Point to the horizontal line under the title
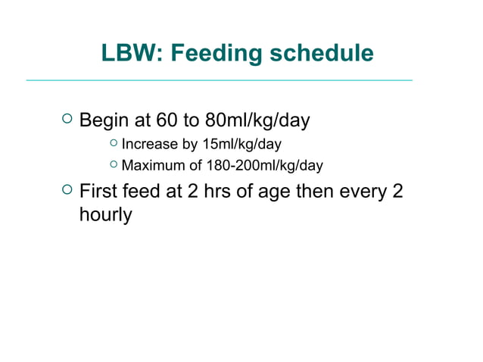tap(220, 80)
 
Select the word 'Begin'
tap(104, 120)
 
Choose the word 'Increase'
tap(148, 145)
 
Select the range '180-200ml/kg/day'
tap(260, 166)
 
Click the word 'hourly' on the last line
tap(105, 215)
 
